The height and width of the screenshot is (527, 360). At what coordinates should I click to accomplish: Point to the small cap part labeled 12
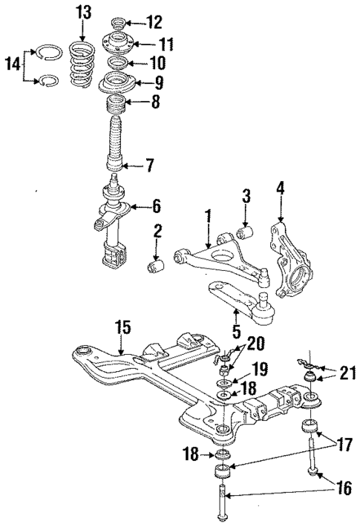click(x=118, y=21)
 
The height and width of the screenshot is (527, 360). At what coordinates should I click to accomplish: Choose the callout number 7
click(x=149, y=164)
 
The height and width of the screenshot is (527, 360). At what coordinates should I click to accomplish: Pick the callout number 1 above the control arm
click(x=209, y=215)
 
